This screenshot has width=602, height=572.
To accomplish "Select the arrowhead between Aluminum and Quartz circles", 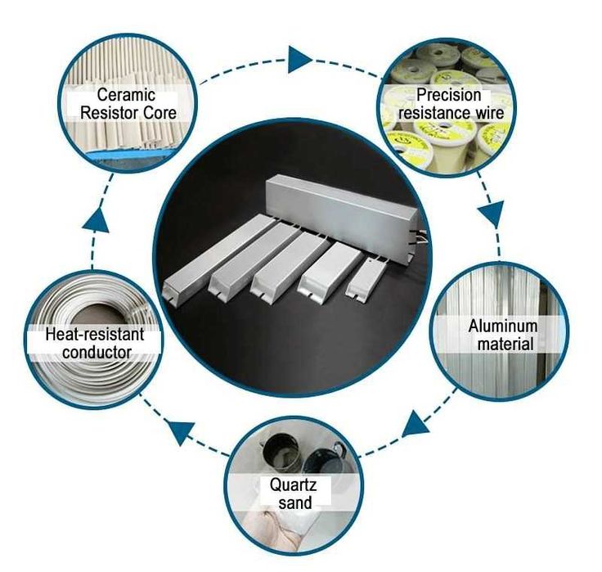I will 416,423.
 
